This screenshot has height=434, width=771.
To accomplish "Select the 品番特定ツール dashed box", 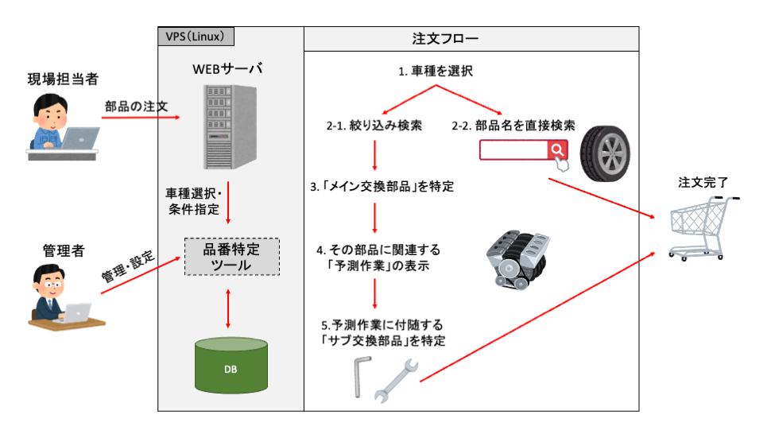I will (231, 257).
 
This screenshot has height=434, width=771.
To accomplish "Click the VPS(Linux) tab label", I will (195, 37).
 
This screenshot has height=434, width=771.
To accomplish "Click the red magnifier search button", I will (558, 150).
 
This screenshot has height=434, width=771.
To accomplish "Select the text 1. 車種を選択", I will (436, 72).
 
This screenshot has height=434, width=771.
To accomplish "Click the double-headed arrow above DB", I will (229, 309).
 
